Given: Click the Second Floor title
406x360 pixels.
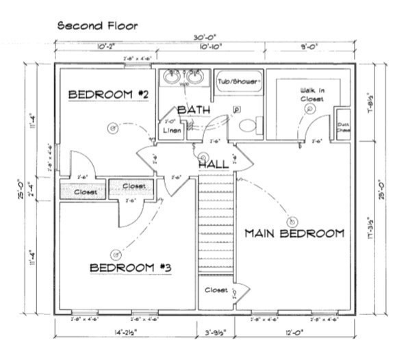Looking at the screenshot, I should click(97, 26).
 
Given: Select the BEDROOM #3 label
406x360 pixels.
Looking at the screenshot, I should click(130, 267).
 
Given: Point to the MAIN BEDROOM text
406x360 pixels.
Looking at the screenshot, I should click(294, 234).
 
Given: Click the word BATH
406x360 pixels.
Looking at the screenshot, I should click(194, 110).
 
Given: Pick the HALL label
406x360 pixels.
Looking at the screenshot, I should click(214, 165).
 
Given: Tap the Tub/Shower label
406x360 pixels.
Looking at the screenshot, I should click(239, 81).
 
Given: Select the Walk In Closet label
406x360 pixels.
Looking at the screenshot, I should click(312, 94).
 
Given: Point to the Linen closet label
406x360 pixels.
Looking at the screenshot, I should click(172, 131).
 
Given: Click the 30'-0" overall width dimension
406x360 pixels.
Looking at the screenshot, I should click(205, 38).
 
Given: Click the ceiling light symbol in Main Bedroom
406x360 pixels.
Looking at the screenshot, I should click(292, 221).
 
